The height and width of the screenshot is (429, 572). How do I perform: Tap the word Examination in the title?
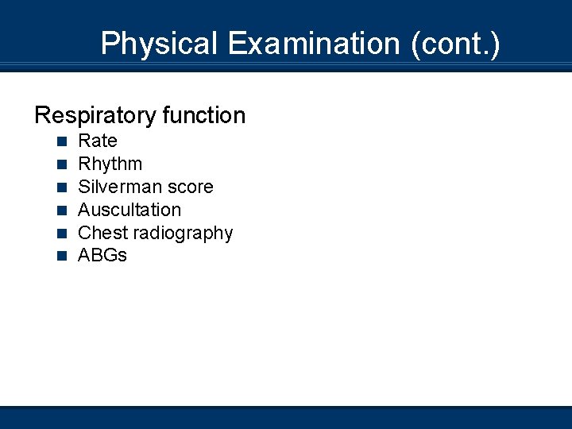click(x=314, y=43)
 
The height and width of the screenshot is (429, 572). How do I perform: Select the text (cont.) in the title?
click(x=455, y=43)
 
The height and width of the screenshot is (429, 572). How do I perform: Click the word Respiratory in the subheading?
click(x=95, y=116)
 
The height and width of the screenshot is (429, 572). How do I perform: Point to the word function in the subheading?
click(x=203, y=116)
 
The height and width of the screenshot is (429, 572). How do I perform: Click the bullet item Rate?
click(x=98, y=141)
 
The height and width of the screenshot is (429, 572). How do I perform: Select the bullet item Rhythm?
click(x=110, y=164)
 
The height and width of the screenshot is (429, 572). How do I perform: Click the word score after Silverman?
click(x=191, y=187)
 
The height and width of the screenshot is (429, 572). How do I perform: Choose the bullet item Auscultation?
click(x=129, y=211)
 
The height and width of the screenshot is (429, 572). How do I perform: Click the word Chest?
click(x=102, y=234)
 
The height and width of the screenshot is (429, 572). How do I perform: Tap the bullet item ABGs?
click(x=102, y=256)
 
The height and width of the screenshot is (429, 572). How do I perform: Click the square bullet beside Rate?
click(x=61, y=142)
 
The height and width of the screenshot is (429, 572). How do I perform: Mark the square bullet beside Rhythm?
click(x=61, y=165)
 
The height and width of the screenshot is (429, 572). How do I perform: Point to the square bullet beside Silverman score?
click(x=61, y=188)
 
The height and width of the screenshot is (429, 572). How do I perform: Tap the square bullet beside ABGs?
click(x=61, y=257)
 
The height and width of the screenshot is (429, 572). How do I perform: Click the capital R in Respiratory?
click(x=42, y=116)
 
